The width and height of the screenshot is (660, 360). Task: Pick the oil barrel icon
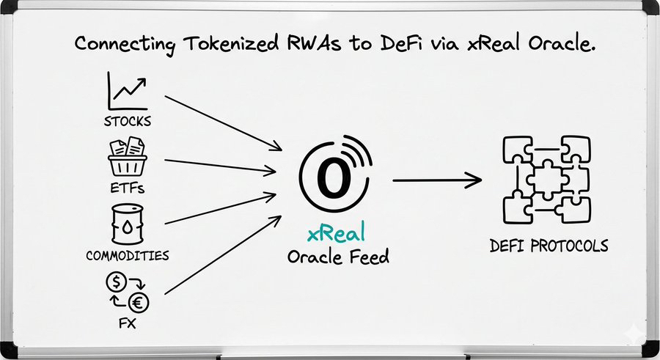126,224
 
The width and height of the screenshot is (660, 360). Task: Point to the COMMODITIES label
127,256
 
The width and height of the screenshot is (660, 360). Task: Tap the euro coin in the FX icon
136,301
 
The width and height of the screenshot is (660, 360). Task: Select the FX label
127,323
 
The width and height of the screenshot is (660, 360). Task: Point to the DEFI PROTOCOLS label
549,245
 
